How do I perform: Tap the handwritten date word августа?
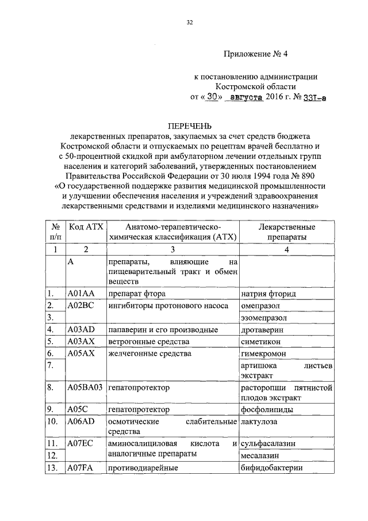coord(246,98)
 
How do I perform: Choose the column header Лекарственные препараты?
coord(286,232)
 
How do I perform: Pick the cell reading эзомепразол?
coord(264,318)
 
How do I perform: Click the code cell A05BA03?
coord(85,389)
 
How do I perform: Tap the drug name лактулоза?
coord(259,422)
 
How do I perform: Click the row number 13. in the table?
coord(54,469)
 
